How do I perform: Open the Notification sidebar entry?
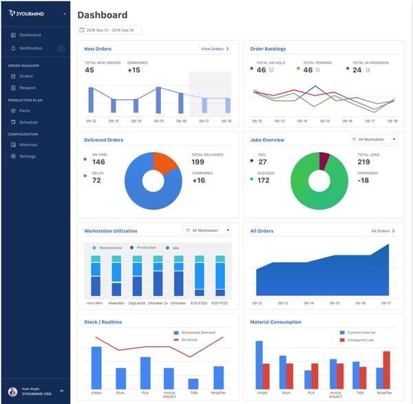30,48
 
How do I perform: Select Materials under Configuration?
28,145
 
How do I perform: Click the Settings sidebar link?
28,156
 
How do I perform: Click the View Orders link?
215,49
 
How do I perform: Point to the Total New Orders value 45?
89,70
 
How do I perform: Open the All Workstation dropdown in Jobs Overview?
374,140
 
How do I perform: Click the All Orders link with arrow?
383,231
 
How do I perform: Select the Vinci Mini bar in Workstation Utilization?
96,276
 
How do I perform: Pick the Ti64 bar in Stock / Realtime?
193,383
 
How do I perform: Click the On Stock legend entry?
189,340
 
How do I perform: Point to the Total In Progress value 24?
357,70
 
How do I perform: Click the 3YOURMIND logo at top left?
33,13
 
